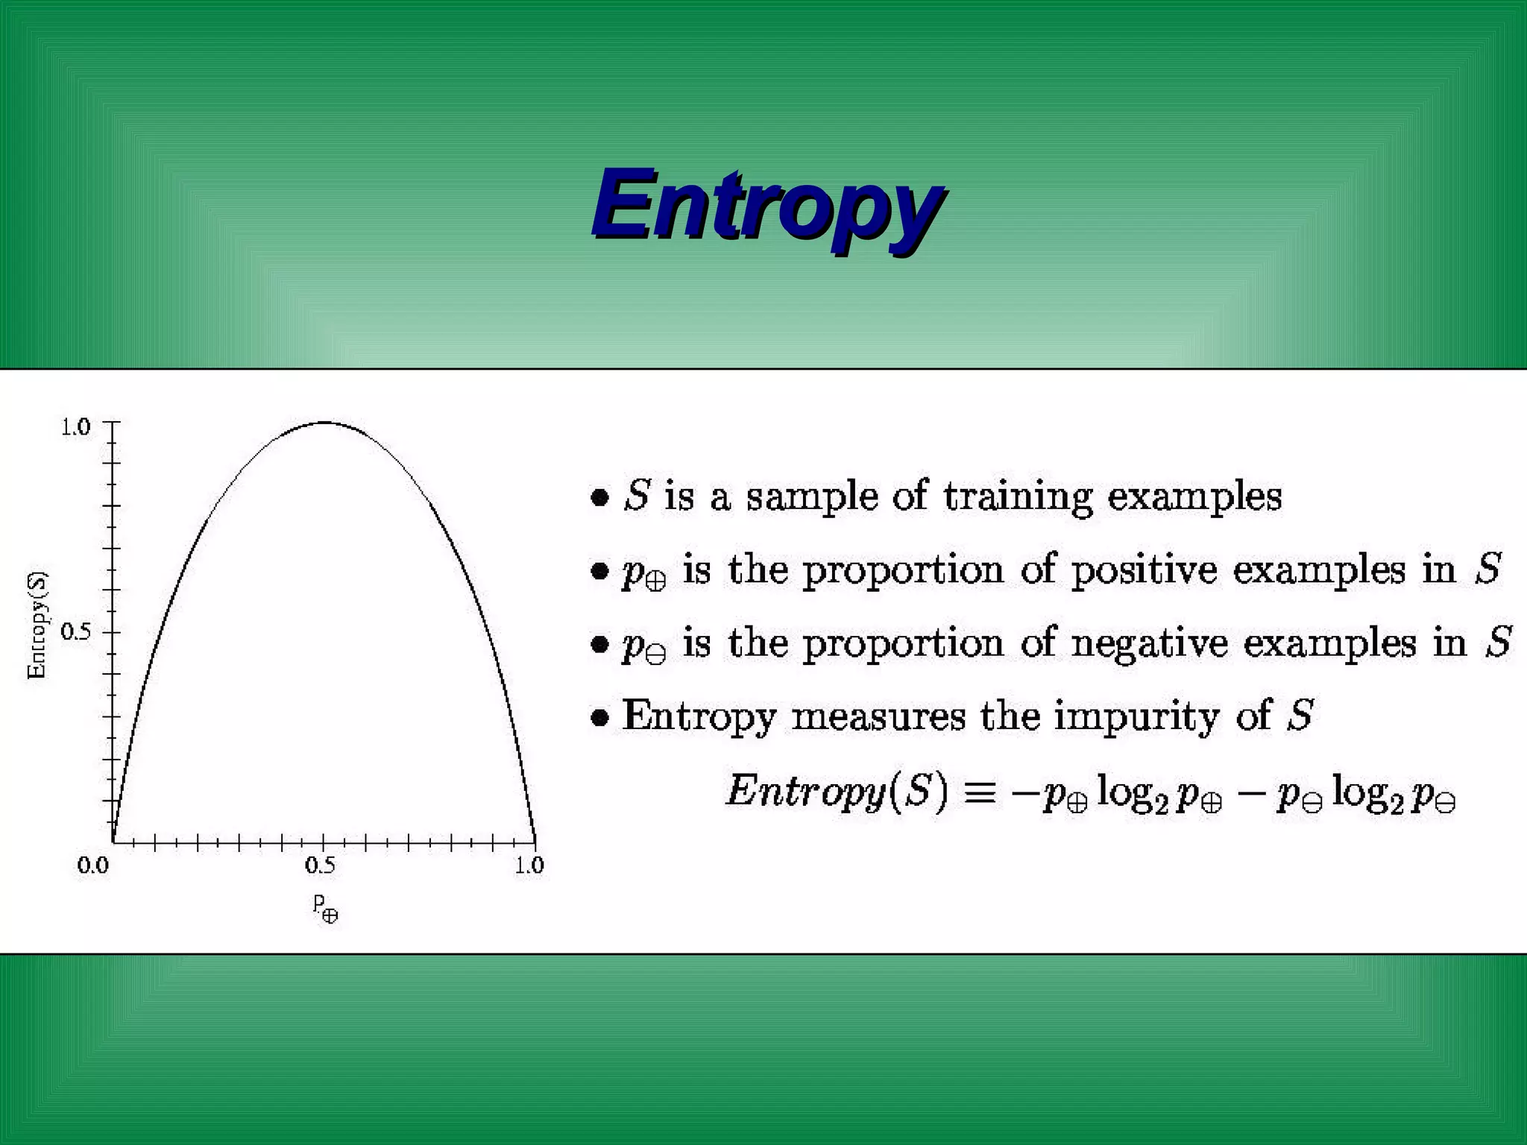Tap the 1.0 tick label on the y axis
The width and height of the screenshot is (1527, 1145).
75,427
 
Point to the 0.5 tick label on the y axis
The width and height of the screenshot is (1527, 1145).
75,632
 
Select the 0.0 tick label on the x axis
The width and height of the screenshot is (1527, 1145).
93,865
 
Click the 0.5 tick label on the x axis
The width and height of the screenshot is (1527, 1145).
321,865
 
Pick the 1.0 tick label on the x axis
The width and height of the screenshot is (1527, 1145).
530,865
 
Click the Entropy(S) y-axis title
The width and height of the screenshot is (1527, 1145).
37,625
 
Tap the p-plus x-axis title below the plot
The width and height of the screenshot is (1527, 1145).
325,908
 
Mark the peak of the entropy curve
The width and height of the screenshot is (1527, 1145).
324,423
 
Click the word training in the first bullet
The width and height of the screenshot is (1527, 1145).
1018,497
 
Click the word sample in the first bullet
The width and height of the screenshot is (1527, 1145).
812,497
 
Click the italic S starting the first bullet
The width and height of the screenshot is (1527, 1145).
637,496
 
